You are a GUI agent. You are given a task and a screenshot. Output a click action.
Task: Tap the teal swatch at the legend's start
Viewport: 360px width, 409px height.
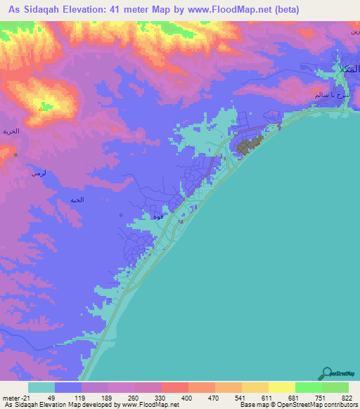coord(41,387)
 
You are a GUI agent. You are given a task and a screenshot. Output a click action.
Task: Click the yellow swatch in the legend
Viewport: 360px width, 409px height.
coord(281,387)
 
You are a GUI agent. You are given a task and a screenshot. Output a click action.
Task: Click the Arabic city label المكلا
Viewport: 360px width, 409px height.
coord(345,69)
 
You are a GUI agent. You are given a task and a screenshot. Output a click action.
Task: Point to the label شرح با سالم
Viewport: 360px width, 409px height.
coord(327,93)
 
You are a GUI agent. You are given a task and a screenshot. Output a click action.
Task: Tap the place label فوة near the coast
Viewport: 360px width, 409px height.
coord(158,217)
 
